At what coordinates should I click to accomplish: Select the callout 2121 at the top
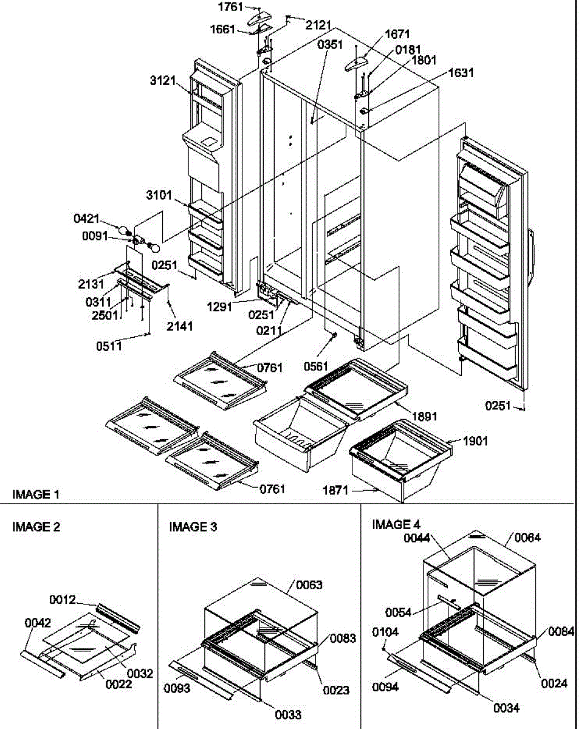tap(318, 26)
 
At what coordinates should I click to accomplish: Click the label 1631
tap(461, 73)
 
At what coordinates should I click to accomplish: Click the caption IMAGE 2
tap(36, 527)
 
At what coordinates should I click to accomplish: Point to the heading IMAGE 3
tap(193, 527)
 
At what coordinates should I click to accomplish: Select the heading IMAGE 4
tap(396, 524)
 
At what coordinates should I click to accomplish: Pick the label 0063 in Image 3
tap(310, 585)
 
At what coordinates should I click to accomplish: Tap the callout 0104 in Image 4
tap(386, 632)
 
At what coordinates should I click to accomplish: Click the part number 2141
tap(180, 326)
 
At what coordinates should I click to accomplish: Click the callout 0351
tap(331, 44)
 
